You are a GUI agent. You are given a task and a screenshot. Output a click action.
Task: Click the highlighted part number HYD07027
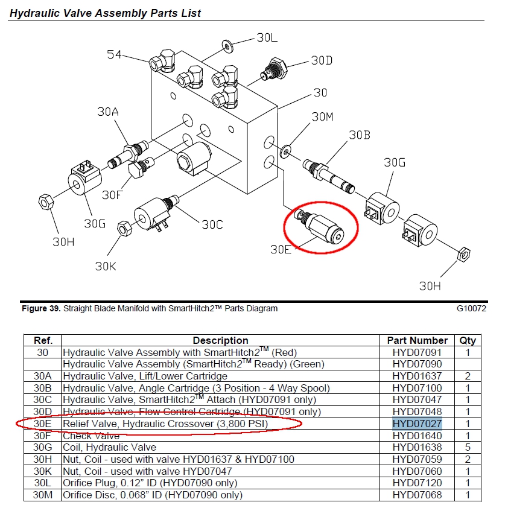click(x=417, y=424)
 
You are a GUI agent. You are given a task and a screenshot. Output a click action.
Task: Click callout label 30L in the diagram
click(x=267, y=37)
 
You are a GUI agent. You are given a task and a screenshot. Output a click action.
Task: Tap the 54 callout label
click(x=114, y=55)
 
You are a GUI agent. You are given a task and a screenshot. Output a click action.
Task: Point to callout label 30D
click(x=322, y=60)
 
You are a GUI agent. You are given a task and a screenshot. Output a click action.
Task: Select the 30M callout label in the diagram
click(x=322, y=116)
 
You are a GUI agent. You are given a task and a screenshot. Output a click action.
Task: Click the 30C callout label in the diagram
click(x=212, y=224)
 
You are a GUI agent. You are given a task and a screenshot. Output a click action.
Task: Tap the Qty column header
click(x=468, y=340)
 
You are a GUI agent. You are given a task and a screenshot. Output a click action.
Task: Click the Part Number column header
click(x=417, y=340)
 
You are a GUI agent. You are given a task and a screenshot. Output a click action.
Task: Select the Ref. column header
click(x=43, y=340)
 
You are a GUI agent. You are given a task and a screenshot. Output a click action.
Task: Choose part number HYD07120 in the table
click(x=417, y=483)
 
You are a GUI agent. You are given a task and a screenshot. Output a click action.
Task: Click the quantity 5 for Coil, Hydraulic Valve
click(x=468, y=447)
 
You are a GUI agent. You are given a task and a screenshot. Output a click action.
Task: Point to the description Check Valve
click(x=91, y=436)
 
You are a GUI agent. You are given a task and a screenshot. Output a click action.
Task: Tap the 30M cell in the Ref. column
click(x=43, y=495)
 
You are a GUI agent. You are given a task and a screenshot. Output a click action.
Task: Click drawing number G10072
click(x=471, y=308)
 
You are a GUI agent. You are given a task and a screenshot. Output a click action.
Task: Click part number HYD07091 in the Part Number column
click(x=417, y=352)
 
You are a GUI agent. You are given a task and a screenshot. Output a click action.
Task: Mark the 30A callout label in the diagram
click(x=109, y=112)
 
